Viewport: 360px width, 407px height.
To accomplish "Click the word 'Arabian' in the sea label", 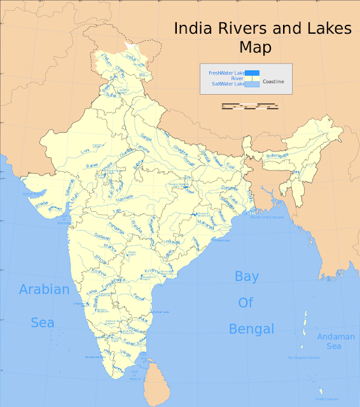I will (44, 290).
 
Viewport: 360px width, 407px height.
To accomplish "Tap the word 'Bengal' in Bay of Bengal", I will (251, 329).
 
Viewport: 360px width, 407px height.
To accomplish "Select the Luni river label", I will (85, 151).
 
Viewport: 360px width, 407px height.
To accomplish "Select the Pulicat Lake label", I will (161, 312).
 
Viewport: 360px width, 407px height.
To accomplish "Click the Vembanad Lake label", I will (93, 357).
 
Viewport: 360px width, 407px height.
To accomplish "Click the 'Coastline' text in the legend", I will (273, 82).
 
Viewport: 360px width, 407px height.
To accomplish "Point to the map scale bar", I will (249, 106).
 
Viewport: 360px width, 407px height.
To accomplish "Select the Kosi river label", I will (230, 166).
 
